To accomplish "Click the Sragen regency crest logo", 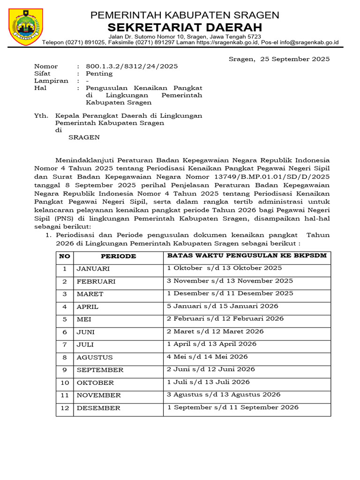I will click(26, 27).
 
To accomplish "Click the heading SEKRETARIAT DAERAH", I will click(185, 27).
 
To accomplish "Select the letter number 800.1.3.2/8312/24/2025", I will click(132, 67).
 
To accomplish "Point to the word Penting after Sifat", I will click(99, 74).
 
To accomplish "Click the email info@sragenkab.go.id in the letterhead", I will click(307, 42).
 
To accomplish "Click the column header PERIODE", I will click(119, 256).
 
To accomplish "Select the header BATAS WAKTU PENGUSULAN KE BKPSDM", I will click(247, 255).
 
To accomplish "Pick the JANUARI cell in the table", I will click(93, 269).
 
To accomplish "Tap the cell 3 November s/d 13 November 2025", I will click(230, 281).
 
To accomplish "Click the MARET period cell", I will click(90, 294).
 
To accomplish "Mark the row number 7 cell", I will click(65, 345).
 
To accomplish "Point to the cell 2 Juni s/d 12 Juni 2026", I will click(210, 369).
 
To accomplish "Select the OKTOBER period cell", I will click(95, 382).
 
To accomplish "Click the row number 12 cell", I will click(65, 408).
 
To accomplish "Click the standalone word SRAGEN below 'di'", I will click(84, 137).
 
